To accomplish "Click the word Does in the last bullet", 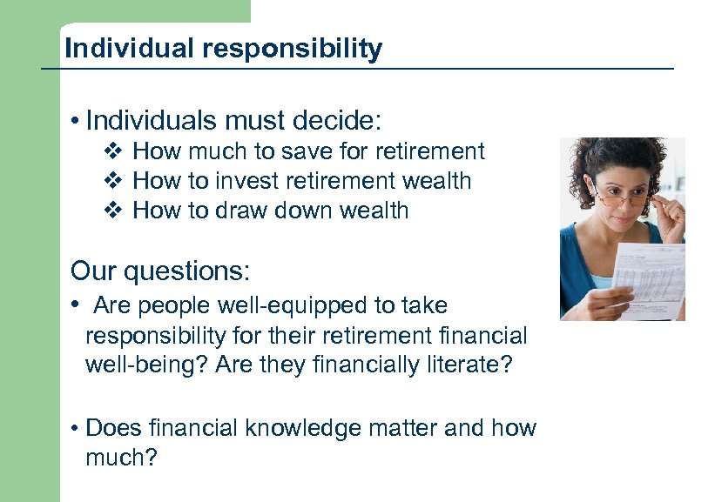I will pyautogui.click(x=115, y=428).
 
